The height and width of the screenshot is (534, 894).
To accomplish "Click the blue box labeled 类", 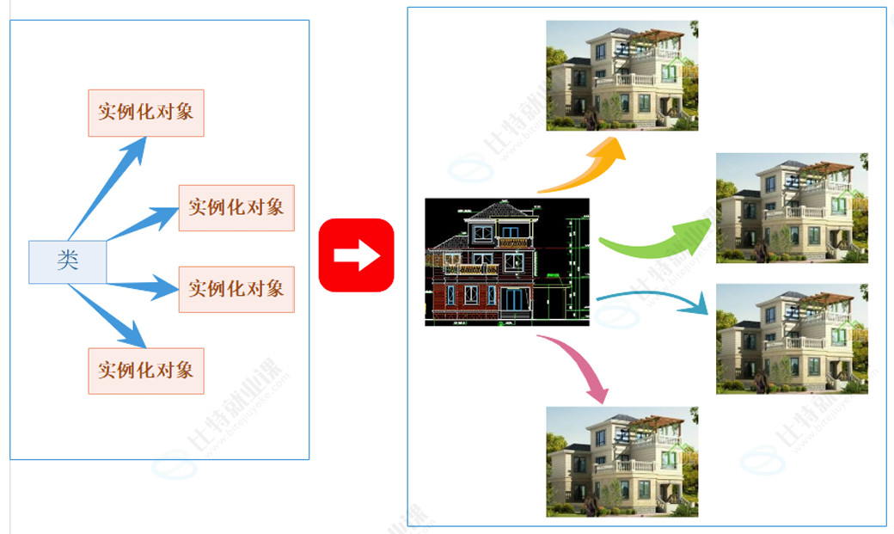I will [68, 261].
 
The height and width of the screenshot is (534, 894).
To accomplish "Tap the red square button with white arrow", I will [356, 255].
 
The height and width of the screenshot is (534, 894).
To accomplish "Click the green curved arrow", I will [658, 240].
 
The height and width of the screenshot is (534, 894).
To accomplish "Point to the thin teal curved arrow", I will [654, 300].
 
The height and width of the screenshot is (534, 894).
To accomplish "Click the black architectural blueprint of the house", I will [507, 262].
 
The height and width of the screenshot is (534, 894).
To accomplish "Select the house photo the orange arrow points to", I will [622, 76].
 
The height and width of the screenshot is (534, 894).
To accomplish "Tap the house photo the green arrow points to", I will [792, 207].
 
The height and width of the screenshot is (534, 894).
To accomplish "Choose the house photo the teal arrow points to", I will [792, 339].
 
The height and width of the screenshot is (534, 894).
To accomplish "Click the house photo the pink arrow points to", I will [622, 462].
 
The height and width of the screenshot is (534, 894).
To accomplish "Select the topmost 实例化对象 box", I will [146, 112].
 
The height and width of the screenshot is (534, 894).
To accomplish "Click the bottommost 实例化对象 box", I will [146, 371].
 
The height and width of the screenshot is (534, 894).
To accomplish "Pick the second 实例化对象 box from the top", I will [236, 207].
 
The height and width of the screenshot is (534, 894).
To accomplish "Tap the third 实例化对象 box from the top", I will [236, 289].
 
